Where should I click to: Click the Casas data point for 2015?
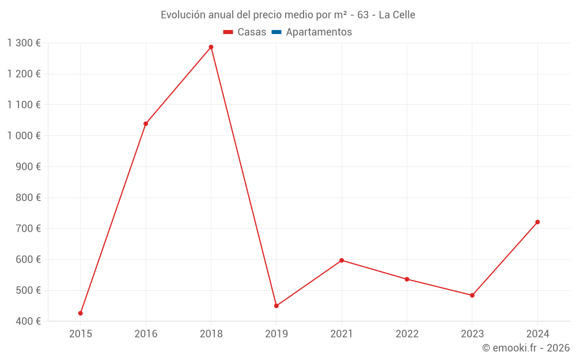pyautogui.click(x=81, y=313)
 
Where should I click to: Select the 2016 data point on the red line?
pyautogui.click(x=146, y=124)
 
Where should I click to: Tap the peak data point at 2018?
pyautogui.click(x=211, y=47)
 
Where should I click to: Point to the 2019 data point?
pyautogui.click(x=276, y=306)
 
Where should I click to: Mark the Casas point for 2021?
pyautogui.click(x=342, y=260)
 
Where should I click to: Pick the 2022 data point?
pyautogui.click(x=407, y=279)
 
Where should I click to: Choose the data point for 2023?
pyautogui.click(x=472, y=295)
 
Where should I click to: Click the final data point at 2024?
pyautogui.click(x=537, y=222)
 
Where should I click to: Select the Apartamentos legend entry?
pyautogui.click(x=319, y=32)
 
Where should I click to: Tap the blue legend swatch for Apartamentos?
pyautogui.click(x=276, y=32)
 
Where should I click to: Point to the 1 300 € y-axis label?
pyautogui.click(x=24, y=43)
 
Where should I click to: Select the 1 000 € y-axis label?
pyautogui.click(x=24, y=135)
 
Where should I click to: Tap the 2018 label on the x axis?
pyautogui.click(x=211, y=334)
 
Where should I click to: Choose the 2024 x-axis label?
pyautogui.click(x=537, y=334)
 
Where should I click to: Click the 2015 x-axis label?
pyautogui.click(x=81, y=334)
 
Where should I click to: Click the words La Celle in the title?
pyautogui.click(x=397, y=14)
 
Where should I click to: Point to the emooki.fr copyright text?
pyautogui.click(x=526, y=348)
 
